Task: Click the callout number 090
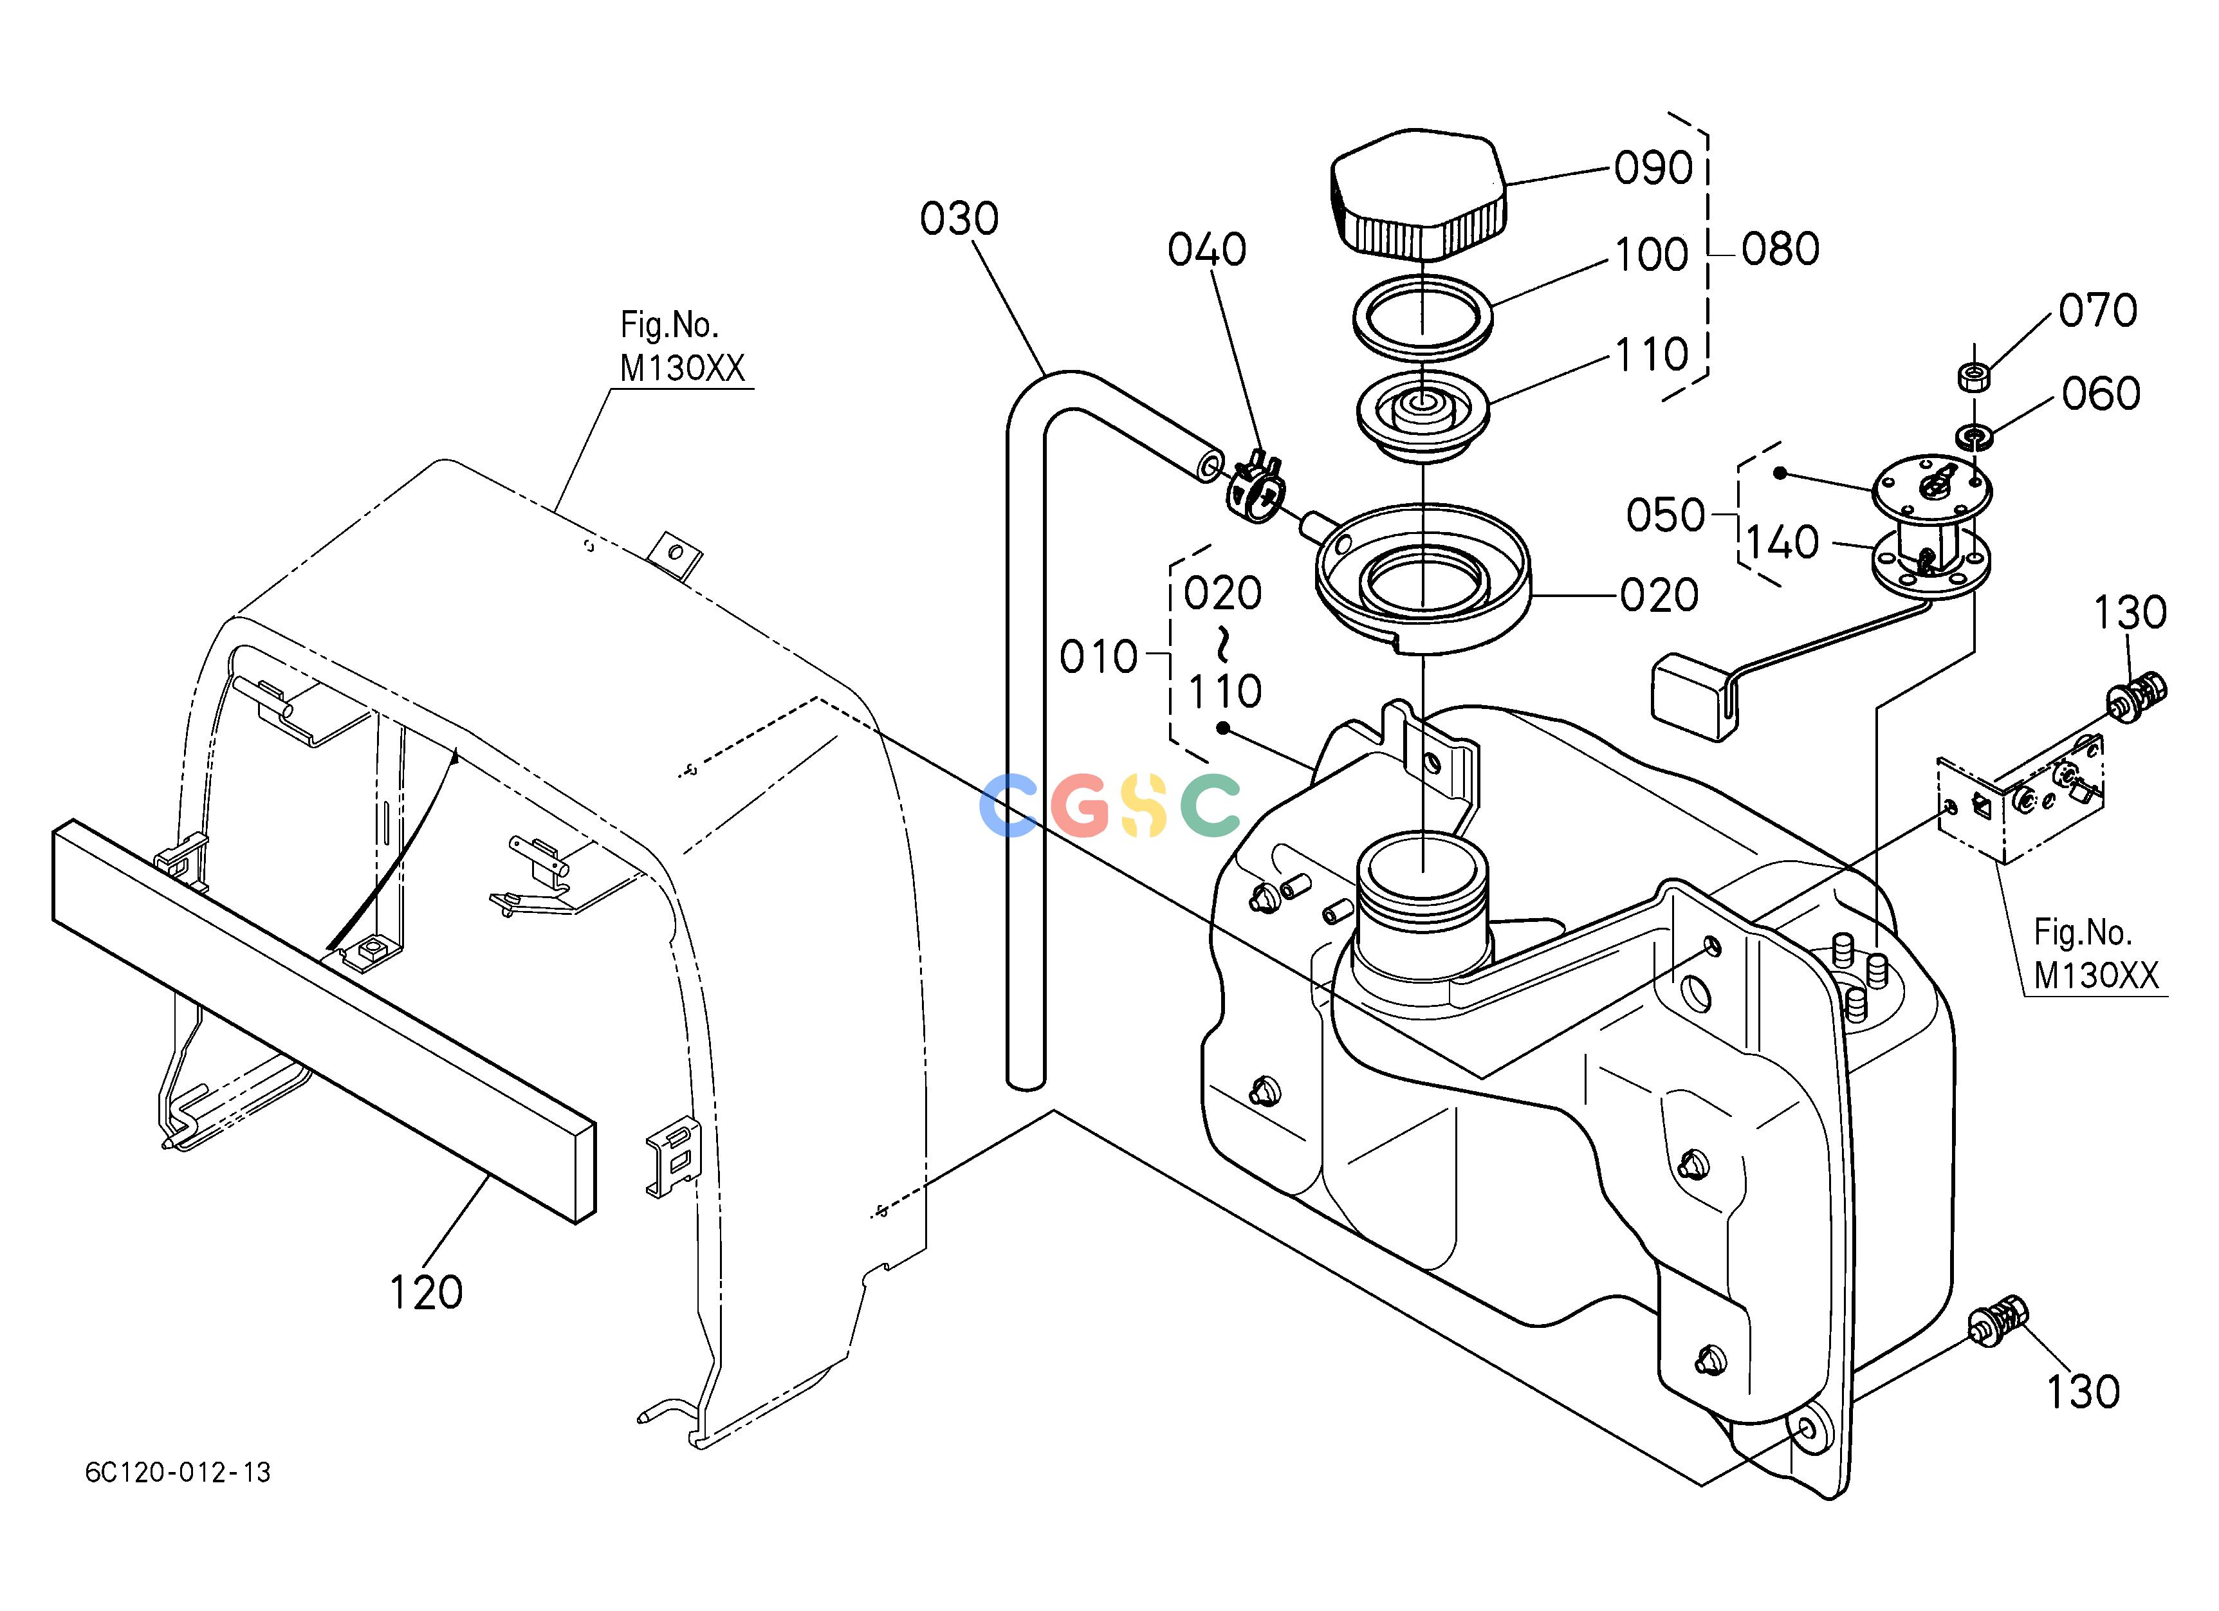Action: (x=1653, y=168)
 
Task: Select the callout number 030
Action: (x=959, y=219)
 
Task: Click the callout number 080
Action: (x=1781, y=250)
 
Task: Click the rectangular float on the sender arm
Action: (x=1693, y=697)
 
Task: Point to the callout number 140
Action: (x=1783, y=543)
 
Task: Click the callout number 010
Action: (x=1099, y=658)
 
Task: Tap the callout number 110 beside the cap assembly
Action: (x=1652, y=354)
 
